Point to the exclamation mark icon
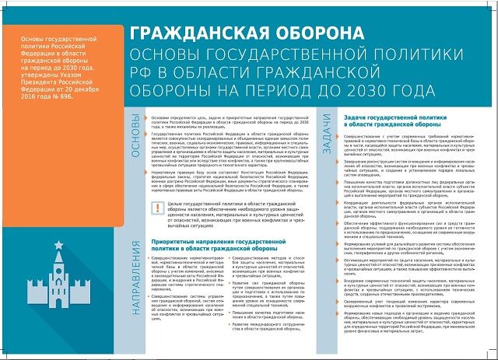135,208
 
